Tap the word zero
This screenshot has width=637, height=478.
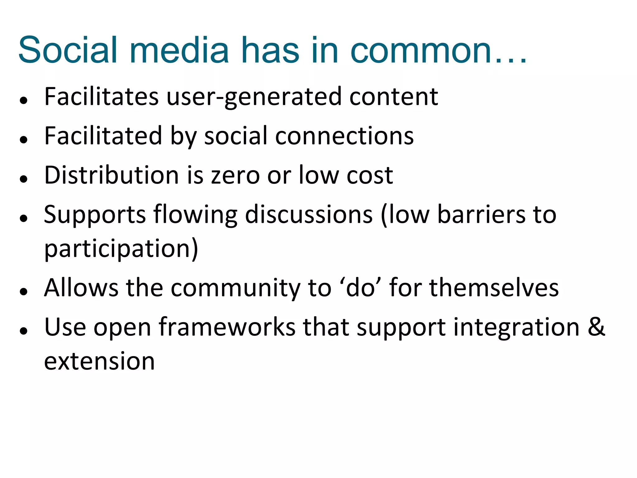[235, 176]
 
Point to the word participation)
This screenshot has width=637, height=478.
[121, 249]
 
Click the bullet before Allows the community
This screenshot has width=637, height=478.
[24, 291]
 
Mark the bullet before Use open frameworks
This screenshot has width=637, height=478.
[24, 331]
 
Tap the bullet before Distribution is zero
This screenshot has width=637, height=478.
[24, 179]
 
